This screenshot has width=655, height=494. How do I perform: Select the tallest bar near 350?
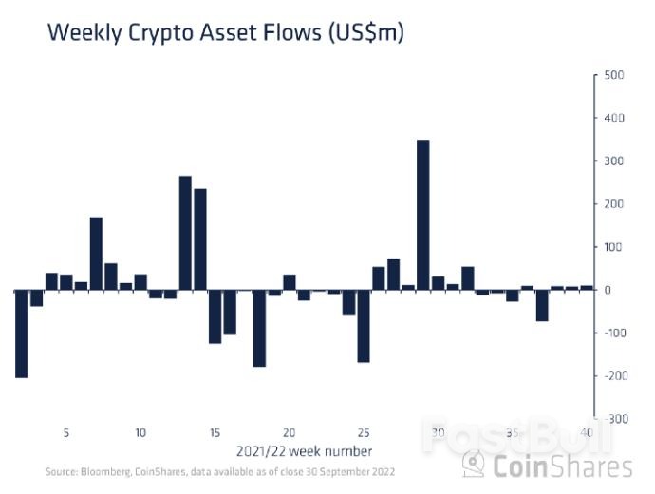coord(423,215)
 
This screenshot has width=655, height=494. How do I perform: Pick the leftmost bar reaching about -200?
coord(21,333)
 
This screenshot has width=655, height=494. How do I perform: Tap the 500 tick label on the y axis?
coord(612,75)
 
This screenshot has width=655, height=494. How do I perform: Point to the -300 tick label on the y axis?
coord(613,419)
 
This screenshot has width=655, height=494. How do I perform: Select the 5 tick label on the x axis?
coord(66,433)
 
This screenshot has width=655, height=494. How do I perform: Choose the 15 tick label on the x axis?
coord(215,433)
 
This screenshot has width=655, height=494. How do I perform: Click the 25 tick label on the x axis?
coord(364,433)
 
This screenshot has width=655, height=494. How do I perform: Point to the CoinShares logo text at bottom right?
coord(561,465)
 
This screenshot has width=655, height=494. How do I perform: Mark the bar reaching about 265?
coord(185,233)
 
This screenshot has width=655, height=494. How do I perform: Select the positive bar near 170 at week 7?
coord(96,254)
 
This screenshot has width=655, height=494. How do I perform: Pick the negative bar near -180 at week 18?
coord(259,328)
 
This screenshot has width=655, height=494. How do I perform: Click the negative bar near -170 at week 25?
coord(364,326)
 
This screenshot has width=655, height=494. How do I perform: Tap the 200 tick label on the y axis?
coord(612,204)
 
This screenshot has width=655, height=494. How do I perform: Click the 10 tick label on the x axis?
coord(140,433)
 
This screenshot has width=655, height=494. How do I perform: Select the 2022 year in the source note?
coord(384,472)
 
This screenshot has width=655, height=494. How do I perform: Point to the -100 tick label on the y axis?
coord(613,333)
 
